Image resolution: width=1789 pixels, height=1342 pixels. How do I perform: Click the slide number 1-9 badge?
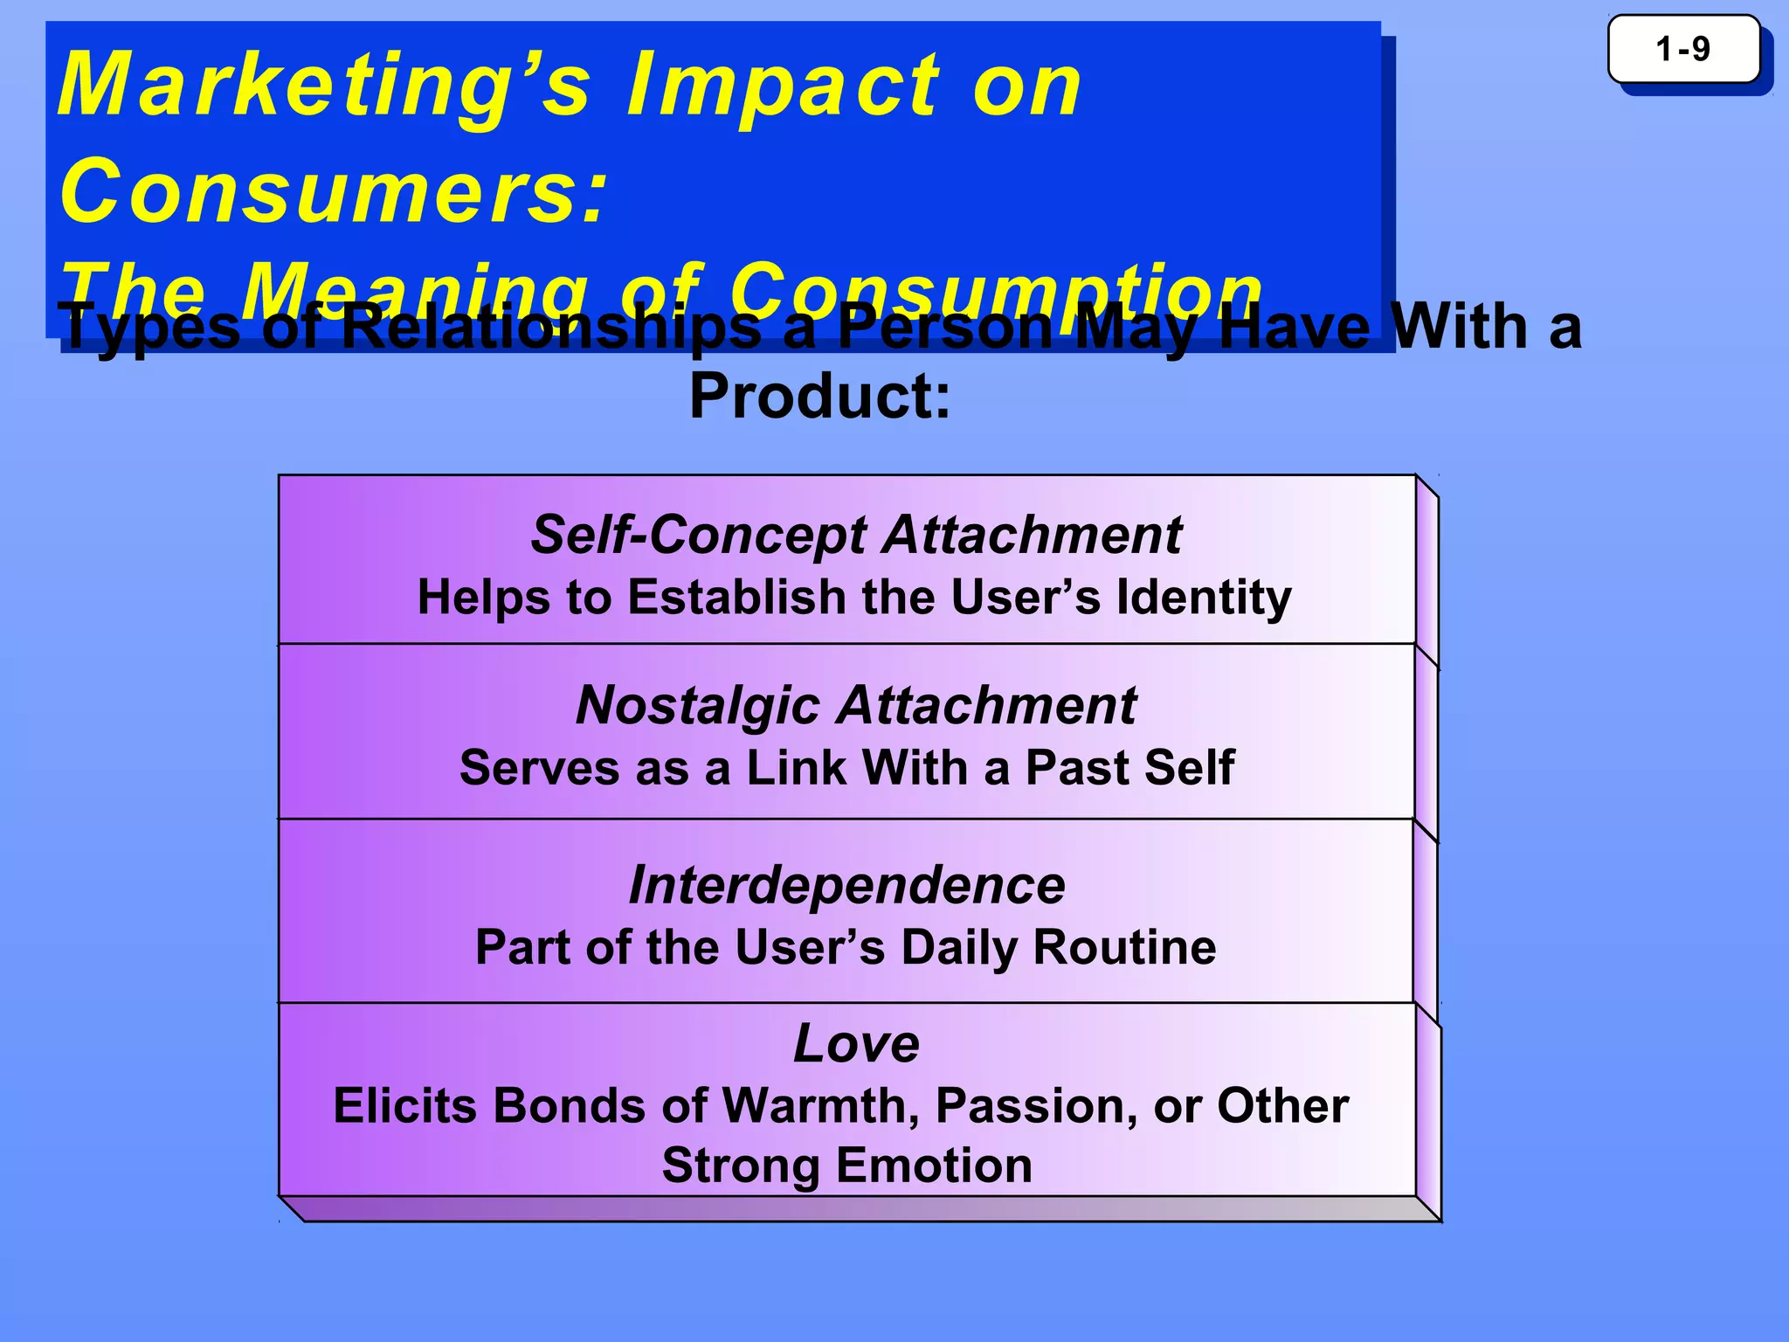(1682, 49)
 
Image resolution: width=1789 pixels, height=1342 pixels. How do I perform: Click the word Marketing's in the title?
(323, 86)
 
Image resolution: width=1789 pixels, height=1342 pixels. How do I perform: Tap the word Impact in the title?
(783, 86)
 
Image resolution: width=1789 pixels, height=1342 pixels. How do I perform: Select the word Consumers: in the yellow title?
(332, 190)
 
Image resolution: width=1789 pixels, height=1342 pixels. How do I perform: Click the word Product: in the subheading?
(819, 396)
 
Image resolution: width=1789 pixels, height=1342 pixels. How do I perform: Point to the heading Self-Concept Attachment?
(855, 534)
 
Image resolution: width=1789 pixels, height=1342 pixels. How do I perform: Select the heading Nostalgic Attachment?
(855, 704)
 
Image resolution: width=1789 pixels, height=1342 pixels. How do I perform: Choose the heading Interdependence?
(846, 884)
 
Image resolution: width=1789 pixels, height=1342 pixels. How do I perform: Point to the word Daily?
(959, 947)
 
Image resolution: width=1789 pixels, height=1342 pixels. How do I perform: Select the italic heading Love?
(856, 1042)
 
